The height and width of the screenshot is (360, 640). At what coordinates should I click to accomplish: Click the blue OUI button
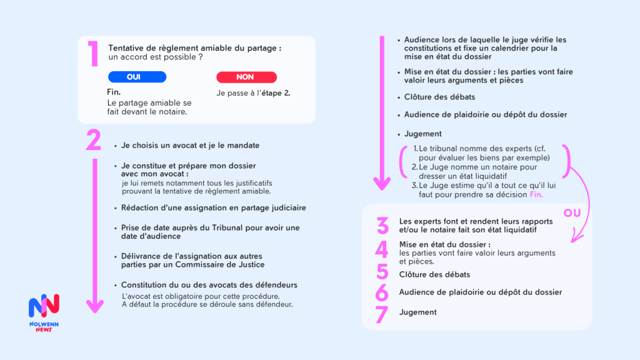point(137,77)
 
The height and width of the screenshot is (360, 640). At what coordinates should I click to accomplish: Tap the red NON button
point(245,77)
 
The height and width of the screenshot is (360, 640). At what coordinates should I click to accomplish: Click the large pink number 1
point(93,54)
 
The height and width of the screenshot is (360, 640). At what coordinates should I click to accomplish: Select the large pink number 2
point(94,140)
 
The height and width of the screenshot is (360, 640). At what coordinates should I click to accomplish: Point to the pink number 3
point(382,226)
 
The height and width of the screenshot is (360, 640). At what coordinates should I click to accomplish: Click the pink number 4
point(382,249)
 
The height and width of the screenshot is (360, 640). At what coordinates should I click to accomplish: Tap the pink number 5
point(382,273)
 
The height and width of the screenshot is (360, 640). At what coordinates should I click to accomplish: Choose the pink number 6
point(382,292)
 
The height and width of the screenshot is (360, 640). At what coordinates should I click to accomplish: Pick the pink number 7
point(382,314)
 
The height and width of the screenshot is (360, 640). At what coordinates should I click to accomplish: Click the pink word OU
point(572,213)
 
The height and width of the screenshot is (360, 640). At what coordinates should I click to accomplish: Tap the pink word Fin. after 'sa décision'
point(536,194)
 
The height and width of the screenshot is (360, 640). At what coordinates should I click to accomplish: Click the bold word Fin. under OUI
point(114,92)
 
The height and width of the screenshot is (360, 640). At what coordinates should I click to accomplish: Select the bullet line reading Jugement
point(422,134)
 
